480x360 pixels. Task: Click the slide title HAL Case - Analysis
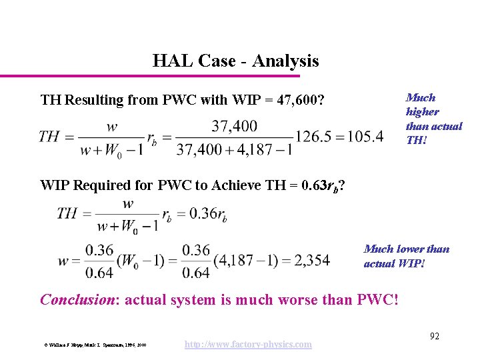[x=235, y=61]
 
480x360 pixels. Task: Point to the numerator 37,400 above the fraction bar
[x=235, y=126]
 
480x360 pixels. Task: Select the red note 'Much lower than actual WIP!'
[x=406, y=255]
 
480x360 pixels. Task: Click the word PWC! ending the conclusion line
[x=378, y=299]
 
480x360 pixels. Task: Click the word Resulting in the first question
[x=96, y=101]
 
